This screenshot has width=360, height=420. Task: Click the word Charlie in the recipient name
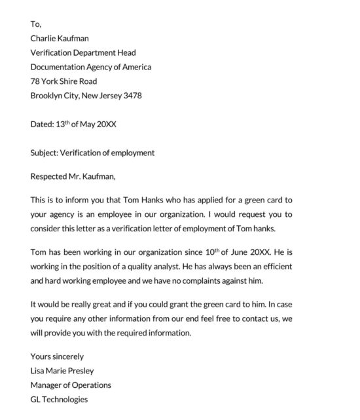pos(44,38)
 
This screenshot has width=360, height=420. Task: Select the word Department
pos(94,52)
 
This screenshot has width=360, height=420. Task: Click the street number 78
pos(35,81)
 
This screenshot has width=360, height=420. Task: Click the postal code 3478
pos(132,96)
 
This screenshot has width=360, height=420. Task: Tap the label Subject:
pos(44,153)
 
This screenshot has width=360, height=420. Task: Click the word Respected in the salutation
pos(49,176)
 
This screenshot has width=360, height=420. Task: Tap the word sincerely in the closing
pos(68,357)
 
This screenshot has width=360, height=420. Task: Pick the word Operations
pos(90,385)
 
